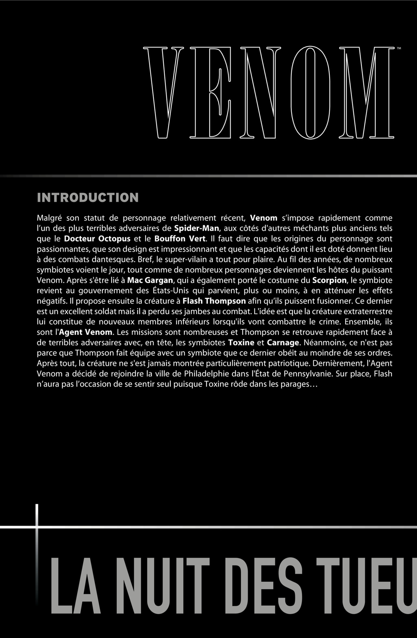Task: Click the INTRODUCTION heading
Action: pos(88,198)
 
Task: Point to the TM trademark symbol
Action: pos(399,48)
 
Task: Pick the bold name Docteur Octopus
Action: pos(97,239)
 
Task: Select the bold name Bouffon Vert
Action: pos(180,239)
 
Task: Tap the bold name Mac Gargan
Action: pos(150,280)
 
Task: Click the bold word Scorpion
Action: pos(329,280)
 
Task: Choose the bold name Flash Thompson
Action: pos(214,301)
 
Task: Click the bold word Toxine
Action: pos(241,343)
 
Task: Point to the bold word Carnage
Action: pos(283,343)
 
